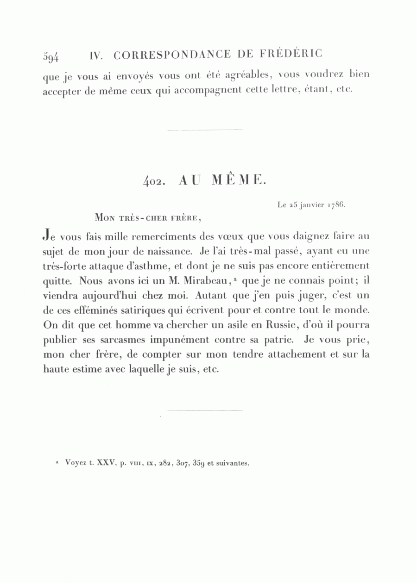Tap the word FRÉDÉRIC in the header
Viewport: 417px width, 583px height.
click(x=295, y=54)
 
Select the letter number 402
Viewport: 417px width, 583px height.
click(x=151, y=182)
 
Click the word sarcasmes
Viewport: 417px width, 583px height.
click(x=114, y=340)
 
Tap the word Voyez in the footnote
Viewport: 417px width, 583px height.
click(x=76, y=463)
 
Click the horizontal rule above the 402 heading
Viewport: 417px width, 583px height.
click(x=205, y=130)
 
